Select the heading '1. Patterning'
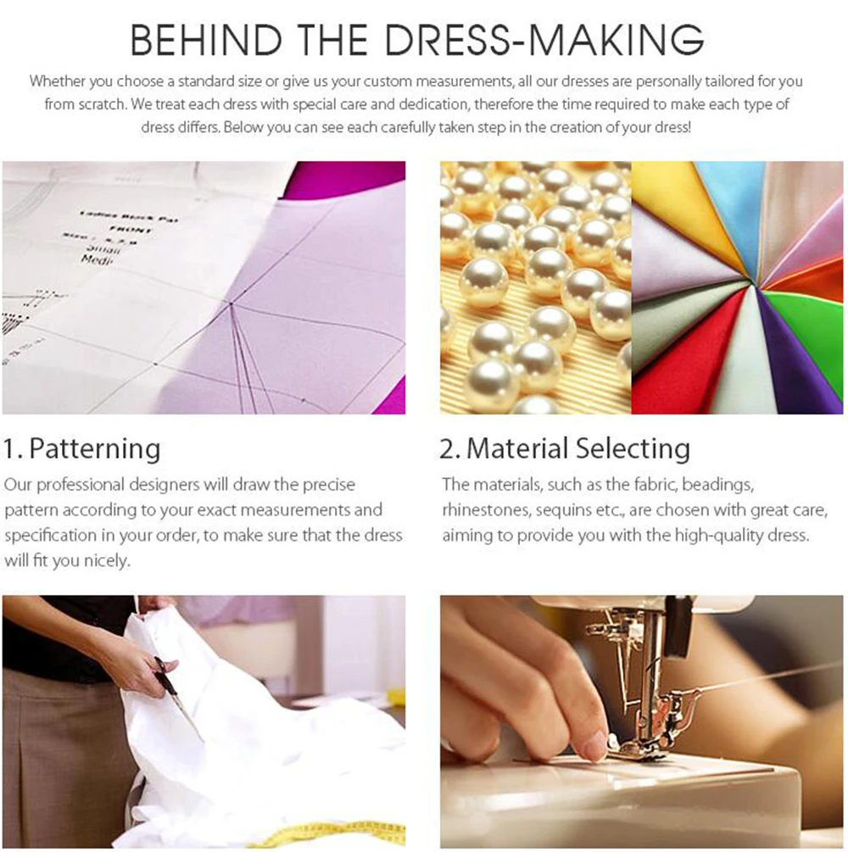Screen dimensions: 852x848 click(81, 448)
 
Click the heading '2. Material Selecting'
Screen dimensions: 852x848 click(565, 448)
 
